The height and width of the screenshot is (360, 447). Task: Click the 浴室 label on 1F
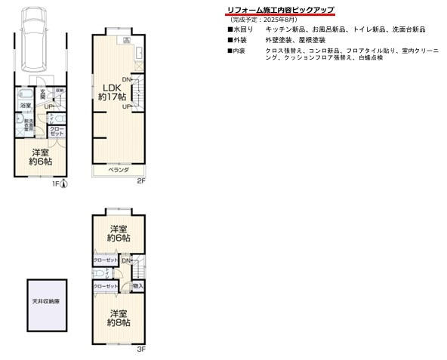point(25,105)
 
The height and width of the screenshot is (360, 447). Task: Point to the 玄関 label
point(43,96)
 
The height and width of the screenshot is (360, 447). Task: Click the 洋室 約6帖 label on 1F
point(40,157)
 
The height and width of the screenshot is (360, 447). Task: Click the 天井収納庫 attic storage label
point(46,301)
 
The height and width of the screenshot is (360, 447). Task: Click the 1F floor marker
point(55,183)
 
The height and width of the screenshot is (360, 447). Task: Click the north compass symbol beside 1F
point(64,183)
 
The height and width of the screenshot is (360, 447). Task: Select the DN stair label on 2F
point(127,80)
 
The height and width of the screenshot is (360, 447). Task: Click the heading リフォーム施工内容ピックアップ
point(280,10)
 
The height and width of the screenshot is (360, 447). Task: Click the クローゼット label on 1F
point(56,131)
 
